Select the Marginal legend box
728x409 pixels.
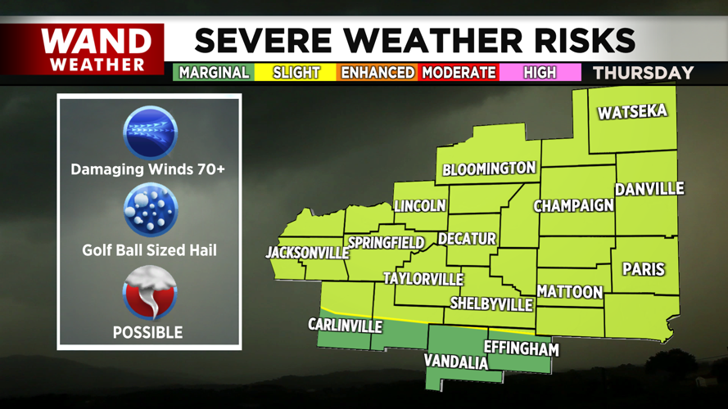(x=214, y=73)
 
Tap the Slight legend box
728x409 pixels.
(x=296, y=73)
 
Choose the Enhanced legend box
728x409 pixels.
(x=378, y=73)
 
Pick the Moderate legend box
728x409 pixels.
(x=459, y=73)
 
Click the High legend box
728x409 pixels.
(x=540, y=73)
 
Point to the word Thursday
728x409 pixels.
(x=643, y=73)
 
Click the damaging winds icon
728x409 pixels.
(x=149, y=133)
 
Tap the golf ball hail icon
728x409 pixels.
(x=149, y=211)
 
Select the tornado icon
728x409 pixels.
(x=149, y=293)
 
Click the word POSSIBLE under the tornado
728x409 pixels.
(x=147, y=333)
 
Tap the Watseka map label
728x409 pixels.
(x=632, y=112)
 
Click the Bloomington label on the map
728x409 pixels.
(x=489, y=169)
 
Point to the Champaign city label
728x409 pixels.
(x=573, y=205)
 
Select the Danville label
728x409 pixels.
(x=649, y=190)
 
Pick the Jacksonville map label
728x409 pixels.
(x=307, y=253)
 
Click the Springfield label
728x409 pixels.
(x=386, y=243)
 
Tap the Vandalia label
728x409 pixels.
(x=455, y=362)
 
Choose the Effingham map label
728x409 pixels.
(x=521, y=348)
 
